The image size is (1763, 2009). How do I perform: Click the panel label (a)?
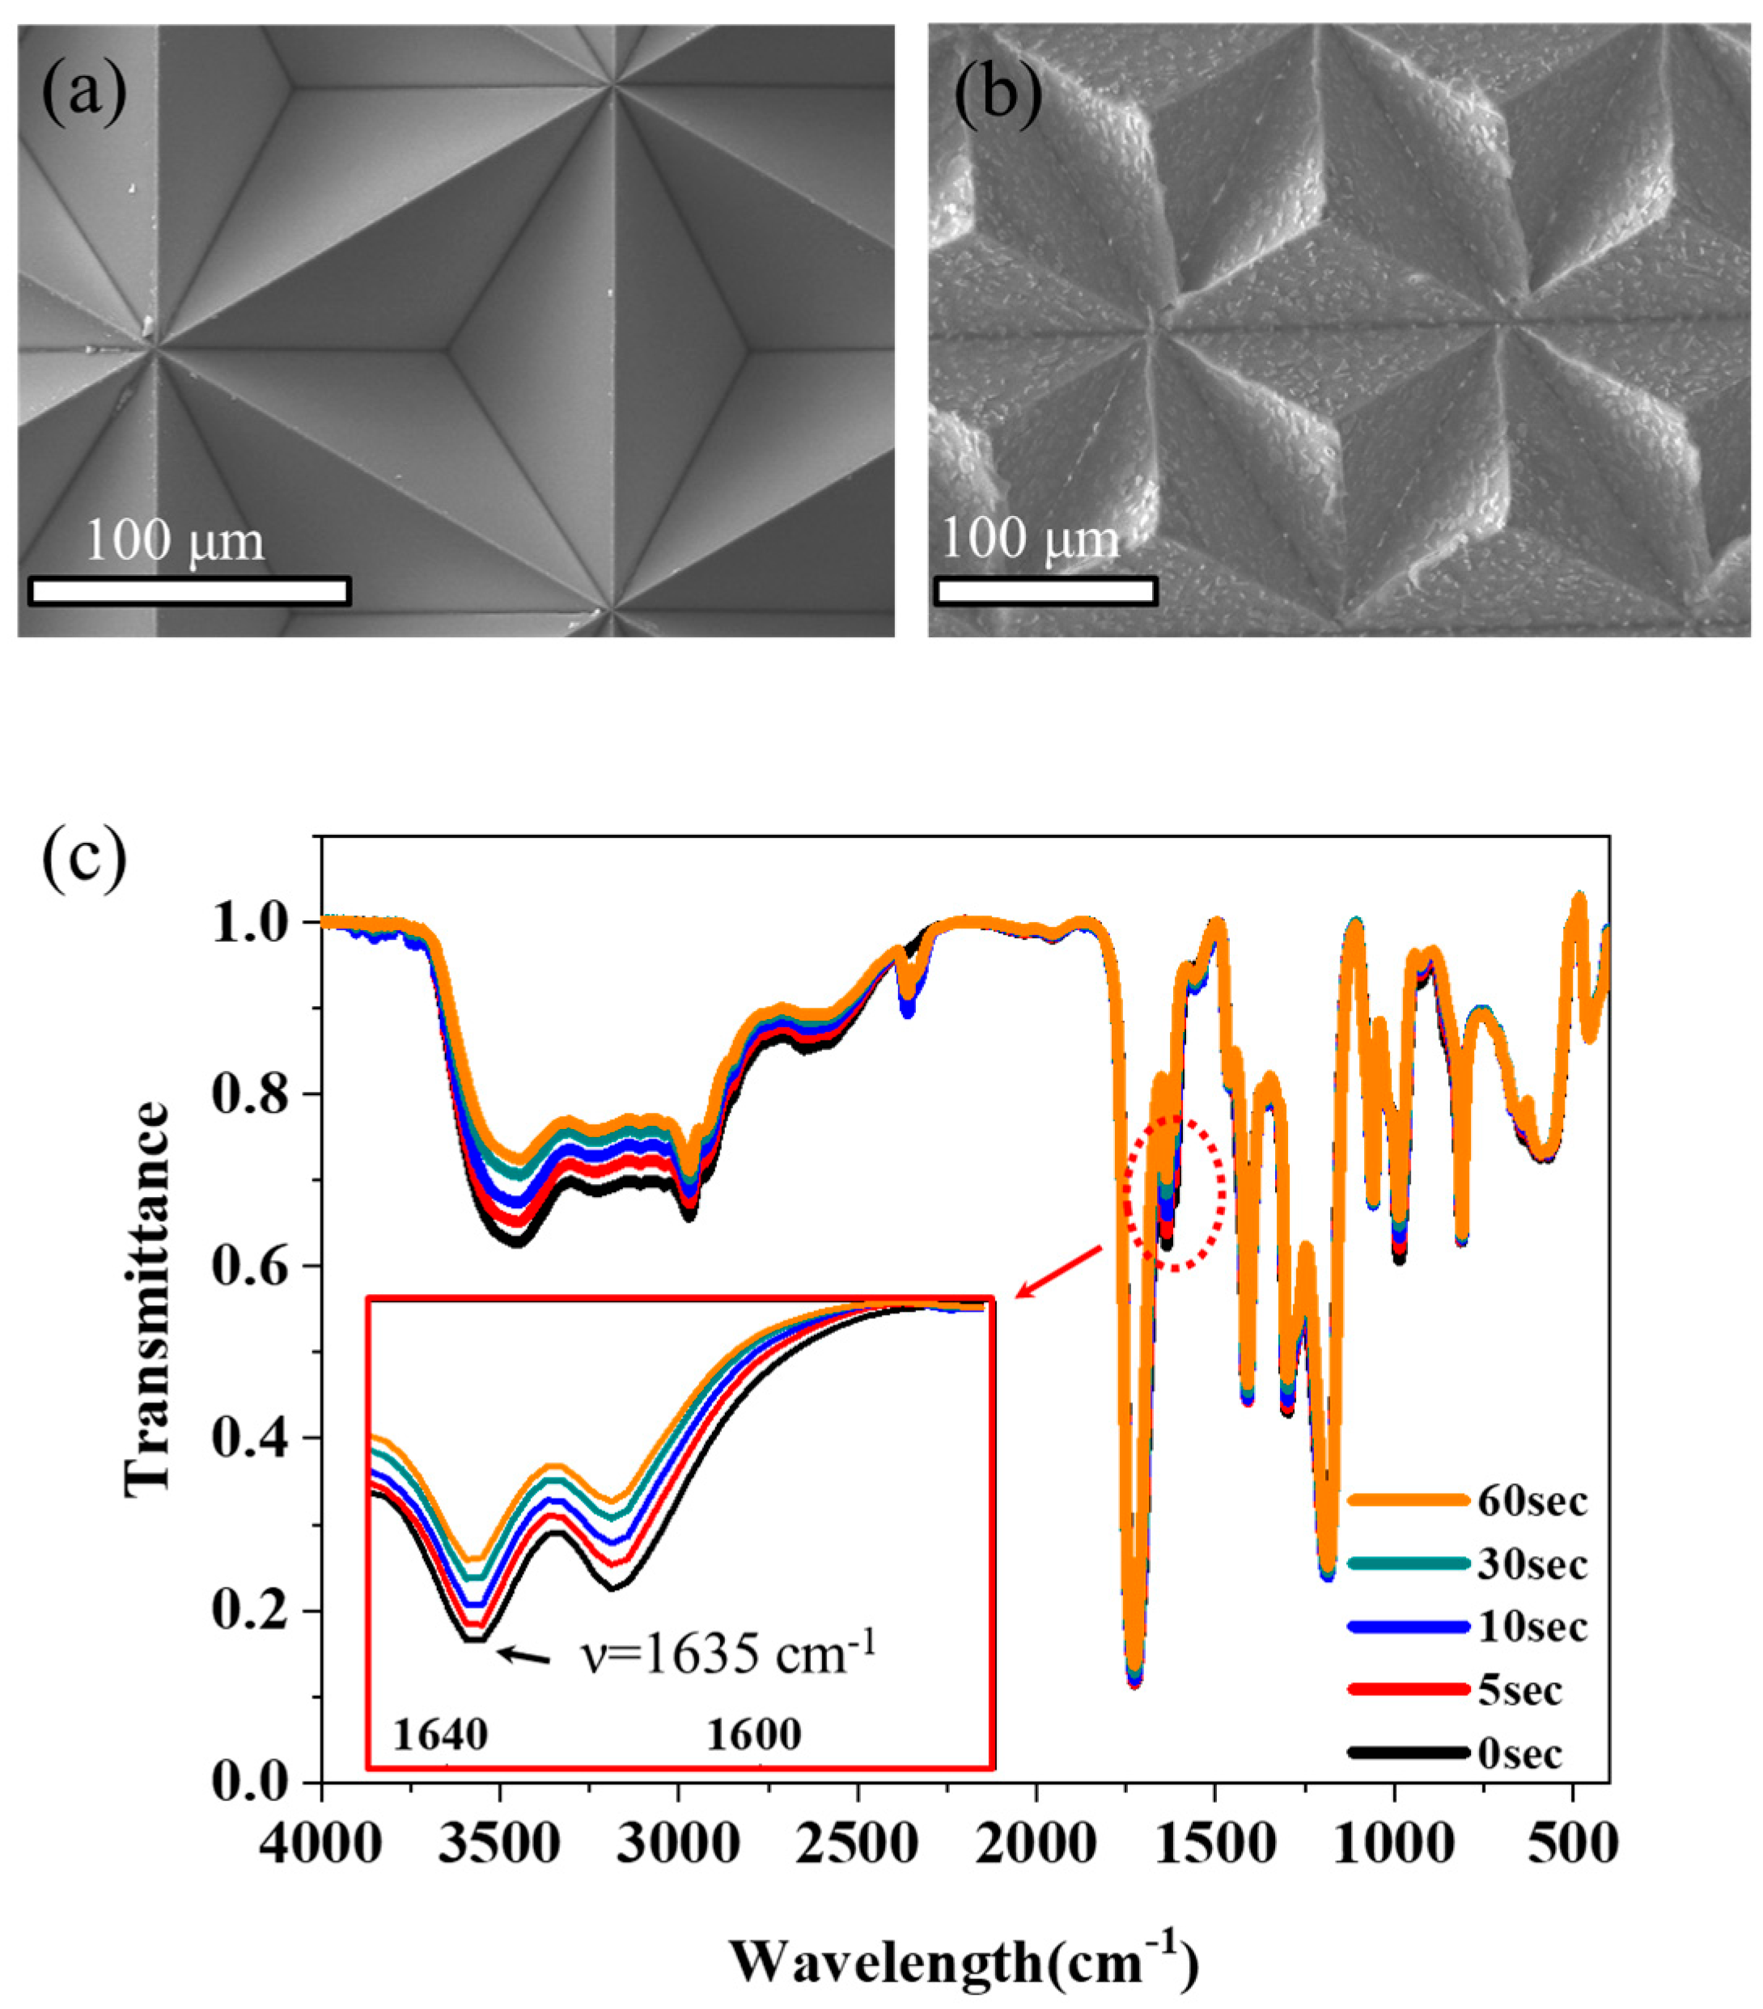(x=83, y=95)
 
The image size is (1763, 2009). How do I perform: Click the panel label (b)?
(x=998, y=96)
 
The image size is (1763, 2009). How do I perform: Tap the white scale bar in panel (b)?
(x=1045, y=590)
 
